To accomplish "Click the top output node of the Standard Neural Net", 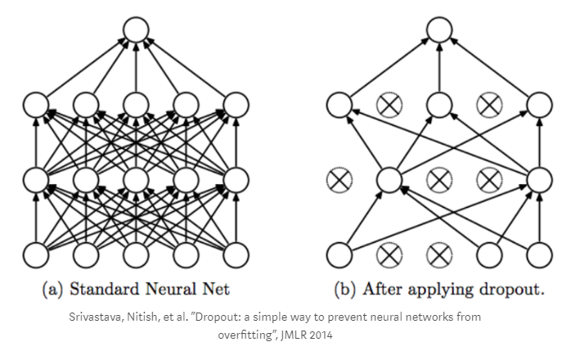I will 136,30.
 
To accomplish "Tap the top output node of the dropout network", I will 438,30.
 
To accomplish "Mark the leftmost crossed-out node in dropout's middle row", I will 338,178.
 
